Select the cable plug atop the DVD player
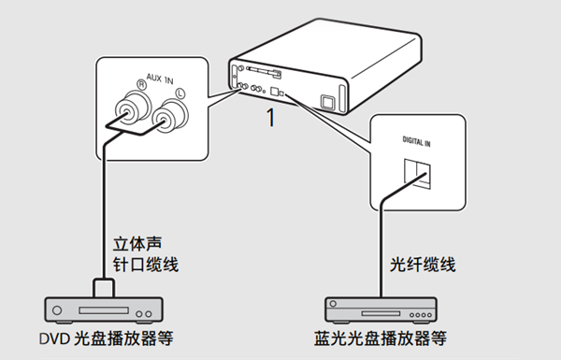pos(103,284)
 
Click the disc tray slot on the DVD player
pos(99,306)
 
